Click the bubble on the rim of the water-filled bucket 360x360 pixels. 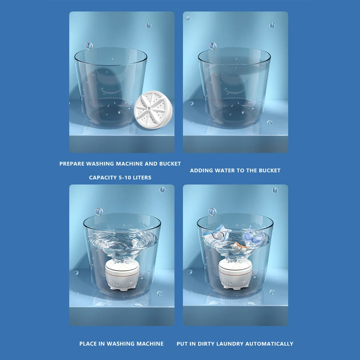212,46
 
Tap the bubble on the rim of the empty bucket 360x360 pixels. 89,45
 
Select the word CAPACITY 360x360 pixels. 103,178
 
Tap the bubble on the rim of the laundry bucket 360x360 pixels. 212,211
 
